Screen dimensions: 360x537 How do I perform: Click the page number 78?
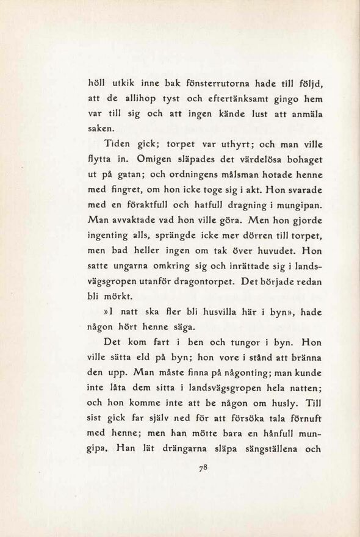tap(204, 469)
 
